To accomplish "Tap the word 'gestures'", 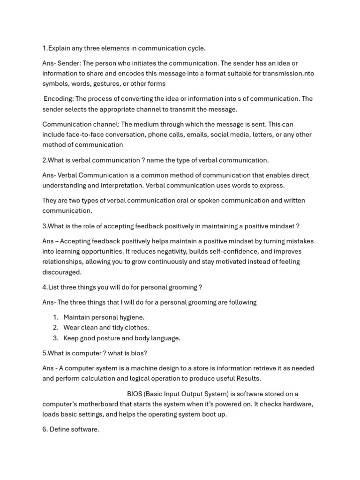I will (109, 83).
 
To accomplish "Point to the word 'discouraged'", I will (61, 272).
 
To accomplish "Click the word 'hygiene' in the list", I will (132, 317).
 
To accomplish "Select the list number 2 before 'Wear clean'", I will (55, 328).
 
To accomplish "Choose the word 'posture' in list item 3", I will (112, 338).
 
